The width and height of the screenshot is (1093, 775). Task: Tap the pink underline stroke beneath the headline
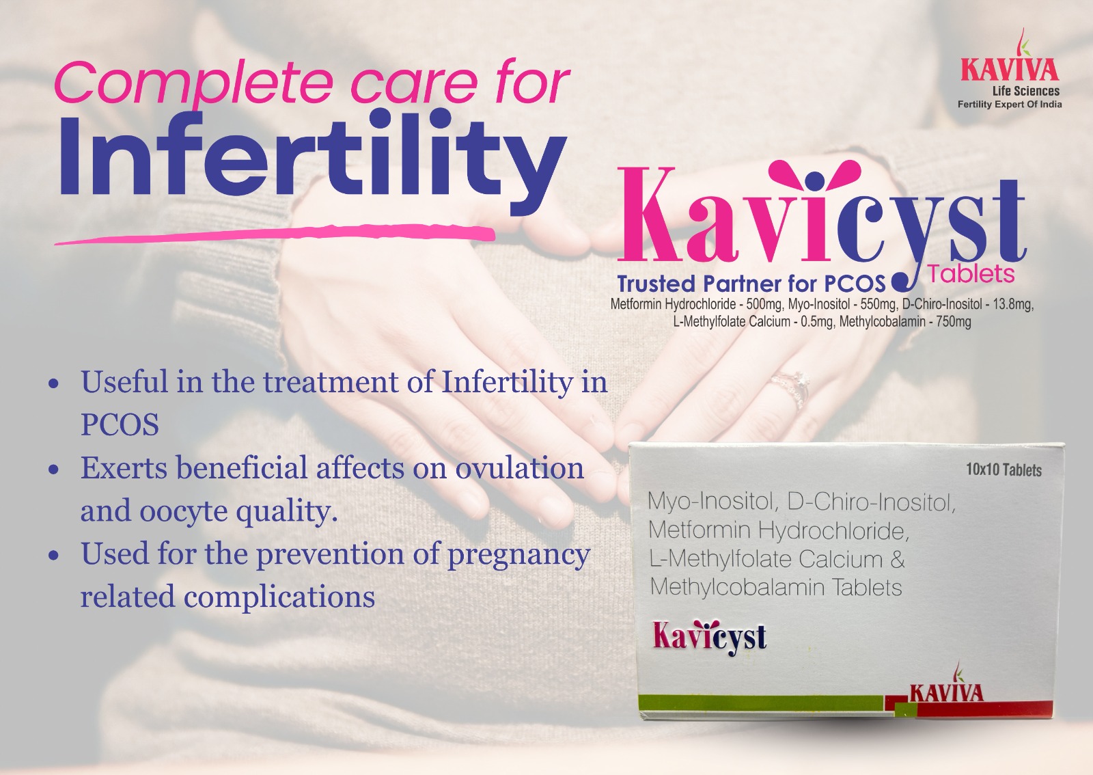tap(274, 234)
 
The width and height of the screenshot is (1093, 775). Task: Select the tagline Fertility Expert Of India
tap(1010, 105)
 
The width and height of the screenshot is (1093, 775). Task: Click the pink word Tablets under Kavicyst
tap(971, 274)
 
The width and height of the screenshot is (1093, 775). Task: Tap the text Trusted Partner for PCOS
tap(751, 284)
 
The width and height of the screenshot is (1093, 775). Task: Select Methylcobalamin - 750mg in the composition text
tap(905, 322)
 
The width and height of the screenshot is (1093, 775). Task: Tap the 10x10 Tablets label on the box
tap(1004, 470)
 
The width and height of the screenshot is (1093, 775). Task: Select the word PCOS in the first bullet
tap(120, 424)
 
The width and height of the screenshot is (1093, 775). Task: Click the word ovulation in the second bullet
tap(519, 467)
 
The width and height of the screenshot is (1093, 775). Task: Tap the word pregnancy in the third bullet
tap(519, 556)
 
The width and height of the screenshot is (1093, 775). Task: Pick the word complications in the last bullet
tap(279, 597)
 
